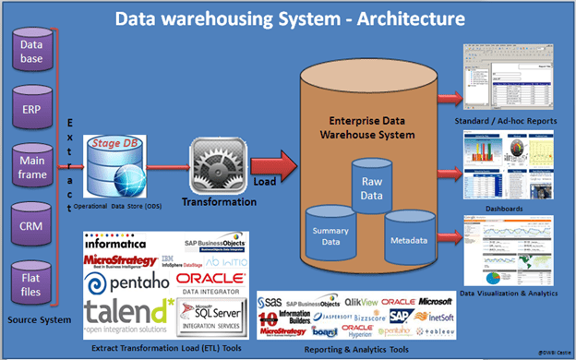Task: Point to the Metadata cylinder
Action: [410, 238]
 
